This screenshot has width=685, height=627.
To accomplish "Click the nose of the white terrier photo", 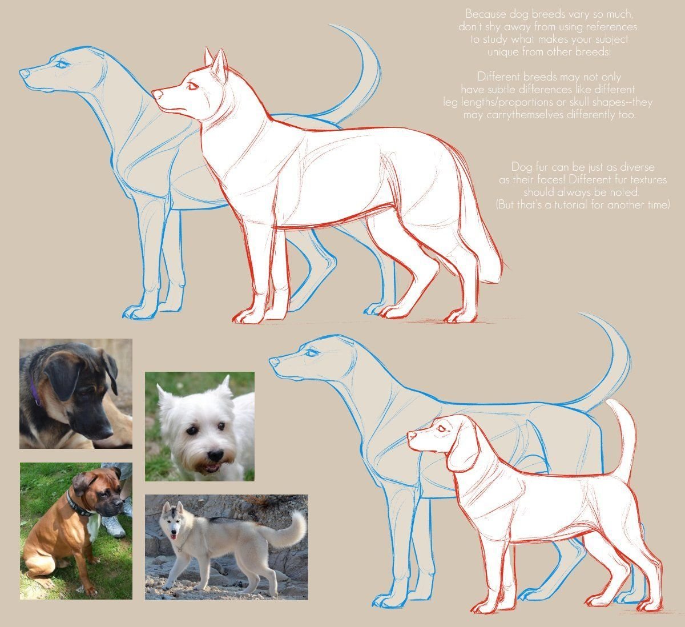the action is pyautogui.click(x=215, y=455).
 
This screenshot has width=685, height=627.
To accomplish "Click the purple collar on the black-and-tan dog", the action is pyautogui.click(x=34, y=392).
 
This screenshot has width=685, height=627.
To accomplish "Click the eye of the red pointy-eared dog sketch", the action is pyautogui.click(x=192, y=86).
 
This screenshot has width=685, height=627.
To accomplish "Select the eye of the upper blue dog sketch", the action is pyautogui.click(x=62, y=64).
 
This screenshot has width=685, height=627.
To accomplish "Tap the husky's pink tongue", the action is pyautogui.click(x=174, y=537).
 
